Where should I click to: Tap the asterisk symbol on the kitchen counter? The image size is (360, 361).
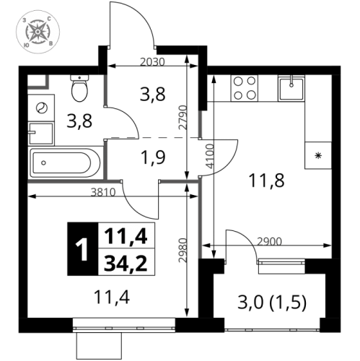[317, 155]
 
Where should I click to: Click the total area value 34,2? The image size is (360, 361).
[120, 262]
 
